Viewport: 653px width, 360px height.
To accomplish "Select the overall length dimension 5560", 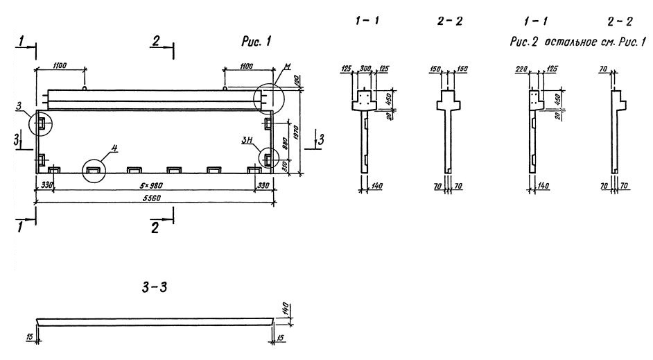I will [152, 196].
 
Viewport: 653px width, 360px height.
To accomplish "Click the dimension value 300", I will [367, 69].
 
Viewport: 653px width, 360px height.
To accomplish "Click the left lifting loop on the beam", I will [83, 88].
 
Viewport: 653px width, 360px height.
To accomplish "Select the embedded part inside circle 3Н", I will [268, 160].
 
